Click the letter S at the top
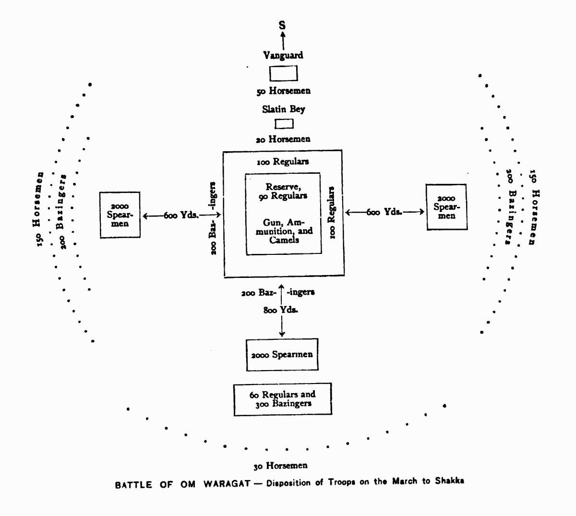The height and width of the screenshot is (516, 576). click(x=282, y=25)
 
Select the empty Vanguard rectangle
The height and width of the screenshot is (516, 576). click(x=283, y=73)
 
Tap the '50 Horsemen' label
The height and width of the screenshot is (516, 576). click(x=283, y=91)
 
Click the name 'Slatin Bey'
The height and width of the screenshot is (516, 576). click(x=283, y=109)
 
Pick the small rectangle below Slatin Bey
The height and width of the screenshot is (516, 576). click(x=284, y=124)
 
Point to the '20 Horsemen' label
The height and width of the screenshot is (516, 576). click(x=283, y=139)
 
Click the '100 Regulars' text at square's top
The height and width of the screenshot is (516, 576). click(x=283, y=162)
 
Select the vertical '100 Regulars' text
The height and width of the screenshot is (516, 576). click(x=331, y=212)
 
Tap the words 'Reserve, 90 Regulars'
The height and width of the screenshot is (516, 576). click(x=283, y=192)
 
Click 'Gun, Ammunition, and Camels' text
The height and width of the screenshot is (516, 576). click(x=284, y=231)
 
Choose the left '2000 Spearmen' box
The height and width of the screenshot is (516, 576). click(x=120, y=215)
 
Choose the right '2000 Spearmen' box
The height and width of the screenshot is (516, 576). click(x=446, y=207)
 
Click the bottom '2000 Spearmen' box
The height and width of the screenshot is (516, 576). click(x=282, y=355)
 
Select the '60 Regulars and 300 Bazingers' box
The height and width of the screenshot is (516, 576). click(x=283, y=399)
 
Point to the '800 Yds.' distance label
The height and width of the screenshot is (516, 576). click(x=280, y=310)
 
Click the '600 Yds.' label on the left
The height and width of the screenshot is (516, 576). click(x=181, y=216)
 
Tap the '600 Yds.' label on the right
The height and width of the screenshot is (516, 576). click(x=384, y=212)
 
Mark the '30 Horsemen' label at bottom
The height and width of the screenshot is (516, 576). click(x=280, y=466)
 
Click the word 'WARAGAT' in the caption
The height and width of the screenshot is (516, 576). click(x=227, y=484)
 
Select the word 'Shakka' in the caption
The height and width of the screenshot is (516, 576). click(x=449, y=481)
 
